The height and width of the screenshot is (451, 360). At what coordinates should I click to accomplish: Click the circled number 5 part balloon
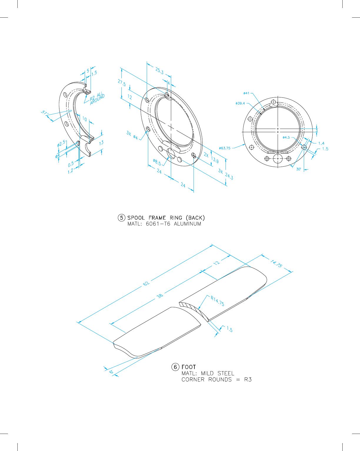[121, 218]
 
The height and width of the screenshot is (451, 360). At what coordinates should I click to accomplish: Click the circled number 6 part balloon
[175, 367]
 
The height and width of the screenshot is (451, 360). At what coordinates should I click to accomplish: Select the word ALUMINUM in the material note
[187, 224]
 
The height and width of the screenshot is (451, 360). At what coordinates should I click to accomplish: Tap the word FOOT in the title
[189, 367]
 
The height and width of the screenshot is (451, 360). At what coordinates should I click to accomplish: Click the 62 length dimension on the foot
[146, 283]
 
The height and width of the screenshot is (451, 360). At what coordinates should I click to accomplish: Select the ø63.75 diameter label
[225, 148]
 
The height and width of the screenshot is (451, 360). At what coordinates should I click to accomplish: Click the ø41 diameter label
[246, 93]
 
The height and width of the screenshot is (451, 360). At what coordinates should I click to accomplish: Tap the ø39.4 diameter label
[240, 103]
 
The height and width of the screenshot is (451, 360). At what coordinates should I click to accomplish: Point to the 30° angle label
[299, 169]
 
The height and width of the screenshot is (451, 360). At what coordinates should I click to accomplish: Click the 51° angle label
[44, 112]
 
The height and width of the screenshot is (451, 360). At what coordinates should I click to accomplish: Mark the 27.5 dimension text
[122, 83]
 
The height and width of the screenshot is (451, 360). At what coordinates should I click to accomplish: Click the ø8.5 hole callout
[157, 162]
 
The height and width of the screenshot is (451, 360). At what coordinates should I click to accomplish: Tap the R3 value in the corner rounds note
[248, 379]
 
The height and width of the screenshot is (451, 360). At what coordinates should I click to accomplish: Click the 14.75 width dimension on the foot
[276, 264]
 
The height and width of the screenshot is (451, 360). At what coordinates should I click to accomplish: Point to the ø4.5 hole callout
[286, 137]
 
